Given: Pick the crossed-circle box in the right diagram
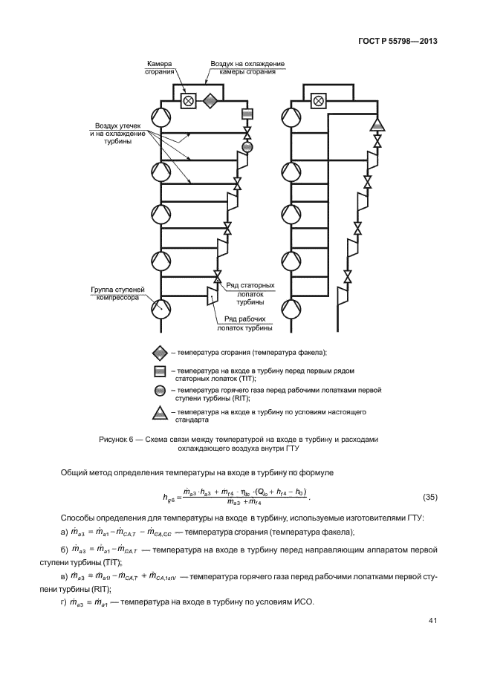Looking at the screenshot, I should click(x=319, y=100).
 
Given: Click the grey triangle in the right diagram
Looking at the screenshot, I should click(x=377, y=123).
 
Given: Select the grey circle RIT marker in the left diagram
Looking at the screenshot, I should click(x=247, y=147).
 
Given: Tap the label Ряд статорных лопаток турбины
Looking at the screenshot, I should click(x=250, y=293).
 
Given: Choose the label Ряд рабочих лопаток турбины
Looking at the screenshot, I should click(x=244, y=322).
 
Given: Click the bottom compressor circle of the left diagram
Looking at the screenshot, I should click(x=160, y=306).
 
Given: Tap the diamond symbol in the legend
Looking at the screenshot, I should click(x=160, y=352).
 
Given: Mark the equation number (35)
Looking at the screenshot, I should click(x=431, y=496).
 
